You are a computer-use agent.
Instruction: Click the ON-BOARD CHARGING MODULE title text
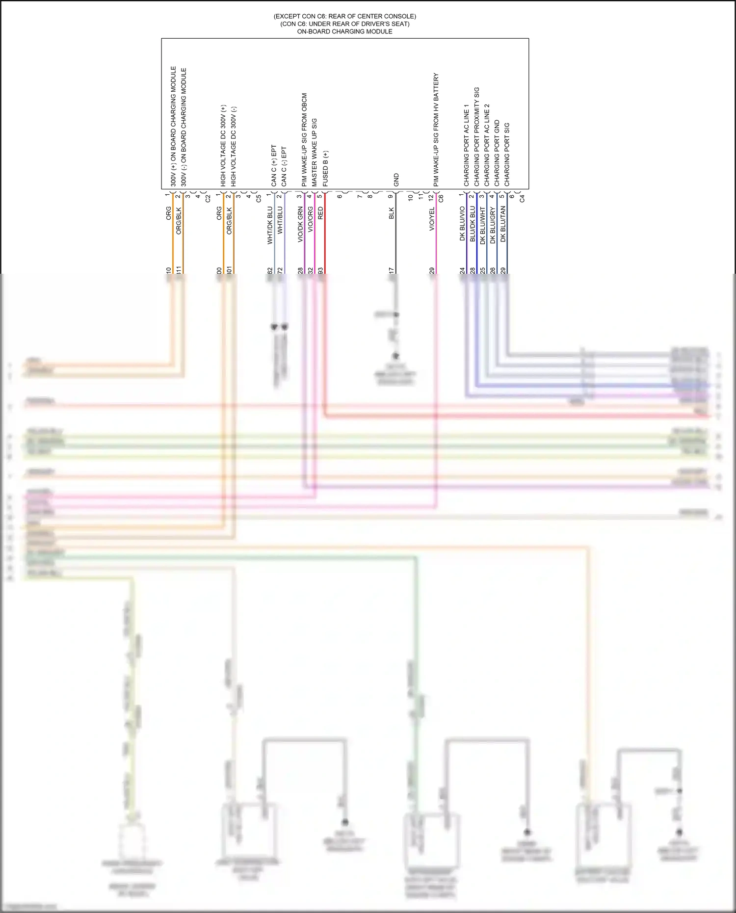click(x=344, y=31)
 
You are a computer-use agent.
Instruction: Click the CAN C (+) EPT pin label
click(x=274, y=165)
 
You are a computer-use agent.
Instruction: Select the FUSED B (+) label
click(x=325, y=168)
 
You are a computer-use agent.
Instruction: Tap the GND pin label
click(x=396, y=180)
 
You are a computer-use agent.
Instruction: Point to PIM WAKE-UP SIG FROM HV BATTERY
click(x=436, y=130)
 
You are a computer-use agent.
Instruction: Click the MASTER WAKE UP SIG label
click(x=315, y=152)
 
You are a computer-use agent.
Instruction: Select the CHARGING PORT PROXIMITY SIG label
click(x=476, y=136)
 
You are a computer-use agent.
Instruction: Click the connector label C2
click(x=208, y=199)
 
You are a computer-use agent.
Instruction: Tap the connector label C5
click(x=259, y=199)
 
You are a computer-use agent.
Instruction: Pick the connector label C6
click(x=441, y=199)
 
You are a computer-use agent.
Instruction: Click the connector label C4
click(x=522, y=199)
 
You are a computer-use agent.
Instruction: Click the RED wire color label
click(x=321, y=213)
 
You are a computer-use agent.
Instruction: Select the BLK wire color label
click(x=392, y=213)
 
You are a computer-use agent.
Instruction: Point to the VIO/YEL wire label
click(x=432, y=219)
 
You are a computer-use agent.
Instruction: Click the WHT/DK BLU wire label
click(x=270, y=225)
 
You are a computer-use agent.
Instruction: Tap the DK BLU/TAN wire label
click(x=503, y=224)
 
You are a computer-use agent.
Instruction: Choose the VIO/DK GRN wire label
click(x=300, y=225)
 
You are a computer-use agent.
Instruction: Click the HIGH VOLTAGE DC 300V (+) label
click(x=223, y=145)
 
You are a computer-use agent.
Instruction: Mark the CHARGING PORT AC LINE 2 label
click(x=487, y=145)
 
